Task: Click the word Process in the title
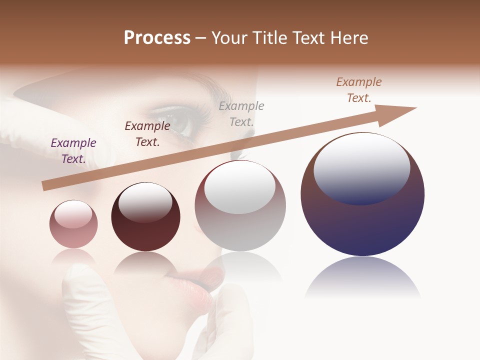(x=157, y=38)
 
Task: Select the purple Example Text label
(x=73, y=151)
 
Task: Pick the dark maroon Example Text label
(x=147, y=134)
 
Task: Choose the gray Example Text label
(x=241, y=113)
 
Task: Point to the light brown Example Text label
(x=359, y=90)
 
